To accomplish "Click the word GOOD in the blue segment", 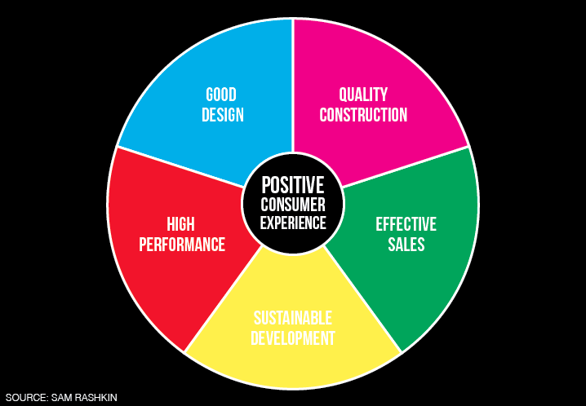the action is pos(221,95).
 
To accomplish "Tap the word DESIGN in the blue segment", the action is pos(223,115).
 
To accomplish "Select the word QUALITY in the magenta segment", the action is pos(363,95).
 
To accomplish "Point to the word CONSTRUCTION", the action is pos(363,115).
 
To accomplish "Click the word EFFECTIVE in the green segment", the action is pos(406,224).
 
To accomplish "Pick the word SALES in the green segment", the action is pos(406,245).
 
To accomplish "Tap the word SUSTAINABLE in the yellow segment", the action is pos(293,318).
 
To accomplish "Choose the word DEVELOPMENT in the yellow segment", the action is pos(293,338).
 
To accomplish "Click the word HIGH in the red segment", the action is pos(181,224).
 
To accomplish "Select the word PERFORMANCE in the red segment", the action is pos(182,245).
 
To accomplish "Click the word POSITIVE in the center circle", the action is pos(293,185).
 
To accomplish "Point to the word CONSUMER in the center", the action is pos(293,205).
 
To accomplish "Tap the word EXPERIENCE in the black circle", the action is pos(293,223).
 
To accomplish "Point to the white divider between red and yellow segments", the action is pos(222,299).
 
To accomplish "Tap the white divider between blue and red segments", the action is pos(180,166).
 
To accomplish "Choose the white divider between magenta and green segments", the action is pos(405,166).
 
